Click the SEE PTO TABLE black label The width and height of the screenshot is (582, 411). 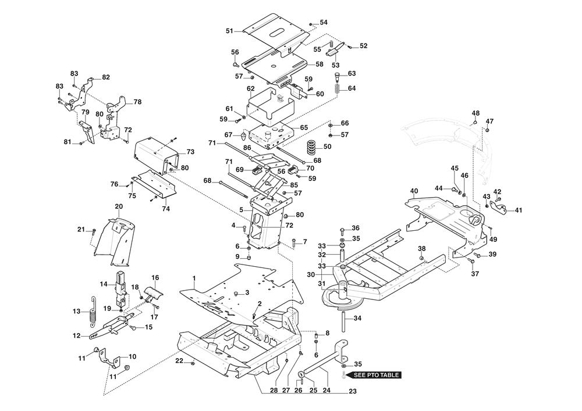point(375,375)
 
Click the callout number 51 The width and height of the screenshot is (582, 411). point(229,31)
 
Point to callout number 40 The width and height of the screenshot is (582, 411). point(414,191)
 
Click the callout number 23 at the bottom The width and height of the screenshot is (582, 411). point(353,391)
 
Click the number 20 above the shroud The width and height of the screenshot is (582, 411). point(119,206)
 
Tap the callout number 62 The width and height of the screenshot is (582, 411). point(250,88)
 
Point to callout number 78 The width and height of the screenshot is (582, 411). point(137,102)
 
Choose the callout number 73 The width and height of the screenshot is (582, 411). point(190,152)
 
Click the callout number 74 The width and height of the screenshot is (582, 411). point(166,209)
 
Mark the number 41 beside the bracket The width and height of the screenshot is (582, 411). point(518,210)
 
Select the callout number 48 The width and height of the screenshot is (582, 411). point(475,113)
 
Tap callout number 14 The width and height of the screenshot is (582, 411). point(103,284)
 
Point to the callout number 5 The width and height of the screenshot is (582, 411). point(242,210)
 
